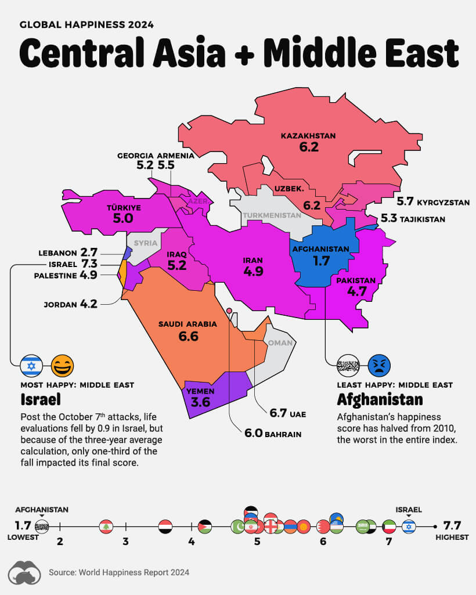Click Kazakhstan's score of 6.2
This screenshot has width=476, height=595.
point(309,147)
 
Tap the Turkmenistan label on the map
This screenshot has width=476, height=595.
point(272,215)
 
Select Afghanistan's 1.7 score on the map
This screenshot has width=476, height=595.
point(321,261)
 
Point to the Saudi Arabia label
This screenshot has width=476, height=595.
point(187,324)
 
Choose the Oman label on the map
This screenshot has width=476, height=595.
point(280,343)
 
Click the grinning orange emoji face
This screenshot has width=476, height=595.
point(61,366)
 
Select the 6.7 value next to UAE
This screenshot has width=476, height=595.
point(279,413)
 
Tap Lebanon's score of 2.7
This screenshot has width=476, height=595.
point(89,253)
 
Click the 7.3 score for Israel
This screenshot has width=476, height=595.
point(89,264)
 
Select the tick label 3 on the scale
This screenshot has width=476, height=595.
point(125,542)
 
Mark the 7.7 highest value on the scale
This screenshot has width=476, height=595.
point(452,526)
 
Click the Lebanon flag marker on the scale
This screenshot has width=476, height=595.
point(106,527)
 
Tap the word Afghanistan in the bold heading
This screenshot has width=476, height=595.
point(380,400)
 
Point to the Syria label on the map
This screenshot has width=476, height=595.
point(145,243)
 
